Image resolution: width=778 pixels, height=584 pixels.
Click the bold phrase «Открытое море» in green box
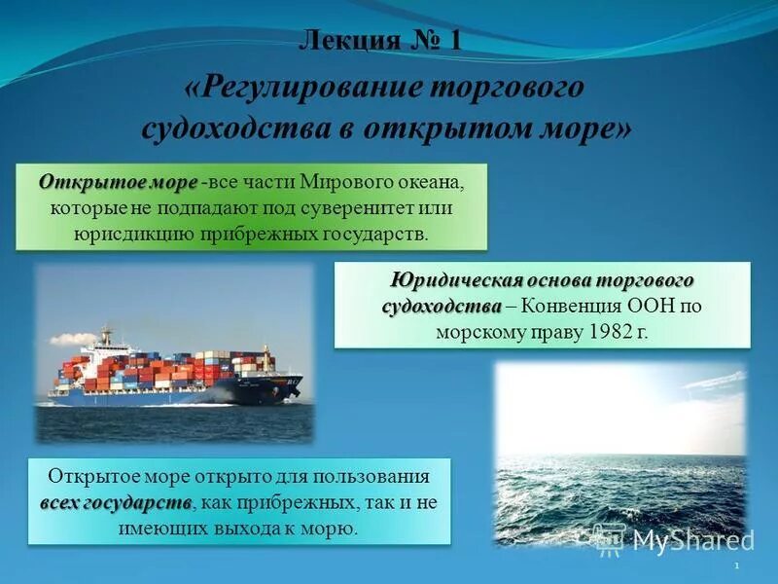click(118, 183)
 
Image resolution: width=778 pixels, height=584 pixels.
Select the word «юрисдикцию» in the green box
click(133, 235)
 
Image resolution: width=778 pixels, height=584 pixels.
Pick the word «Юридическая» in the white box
click(456, 280)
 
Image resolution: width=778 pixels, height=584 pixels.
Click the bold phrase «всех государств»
click(116, 503)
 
